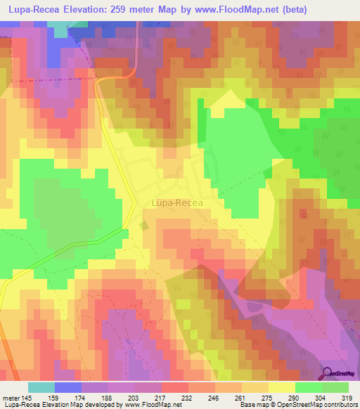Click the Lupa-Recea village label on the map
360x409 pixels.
point(176,204)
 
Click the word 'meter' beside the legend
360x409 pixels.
point(10,397)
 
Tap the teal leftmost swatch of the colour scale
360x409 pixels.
point(41,387)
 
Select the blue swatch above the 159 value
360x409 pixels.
point(67,387)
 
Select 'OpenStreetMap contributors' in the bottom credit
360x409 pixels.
point(321,405)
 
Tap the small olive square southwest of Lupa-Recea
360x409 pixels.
point(143,226)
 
